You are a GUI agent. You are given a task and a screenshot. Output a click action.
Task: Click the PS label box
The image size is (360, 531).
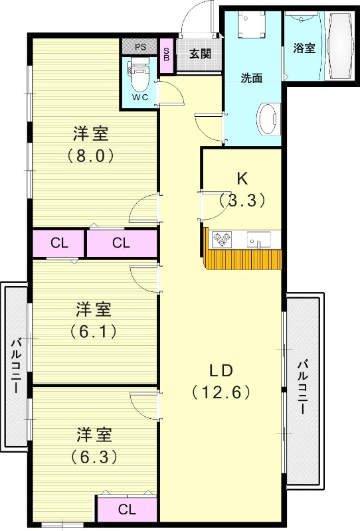[140, 47]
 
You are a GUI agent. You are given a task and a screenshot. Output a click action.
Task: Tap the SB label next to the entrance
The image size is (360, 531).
[167, 52]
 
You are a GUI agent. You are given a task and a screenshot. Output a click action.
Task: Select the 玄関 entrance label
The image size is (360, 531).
[200, 53]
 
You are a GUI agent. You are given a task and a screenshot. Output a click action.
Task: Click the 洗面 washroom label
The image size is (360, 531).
[252, 78]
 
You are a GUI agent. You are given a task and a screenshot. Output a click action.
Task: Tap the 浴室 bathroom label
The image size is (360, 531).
[304, 48]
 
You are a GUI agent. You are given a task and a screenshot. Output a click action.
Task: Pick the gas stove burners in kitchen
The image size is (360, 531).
[221, 238]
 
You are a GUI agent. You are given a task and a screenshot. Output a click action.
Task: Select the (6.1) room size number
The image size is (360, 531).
[92, 331]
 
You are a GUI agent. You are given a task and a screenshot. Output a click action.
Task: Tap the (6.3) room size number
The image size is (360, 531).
[92, 457]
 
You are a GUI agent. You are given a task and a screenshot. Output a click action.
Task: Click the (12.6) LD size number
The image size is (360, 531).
[221, 392]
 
